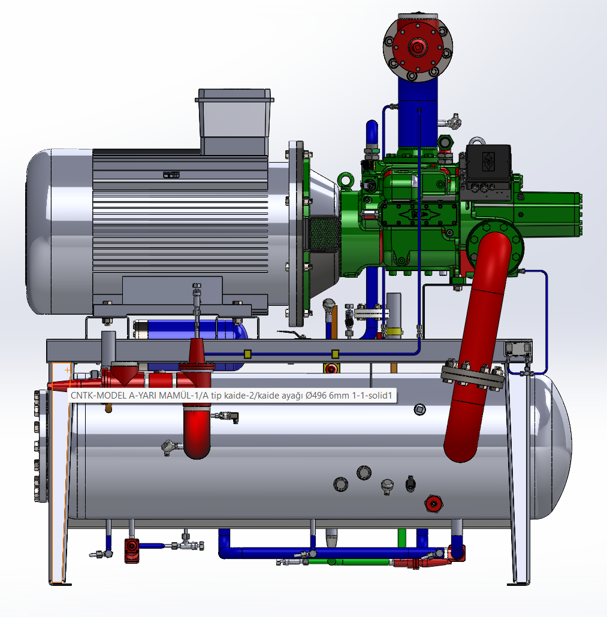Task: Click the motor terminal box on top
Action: point(234,122)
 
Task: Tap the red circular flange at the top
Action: point(418,47)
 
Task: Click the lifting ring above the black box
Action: point(476,141)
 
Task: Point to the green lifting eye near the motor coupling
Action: point(346,180)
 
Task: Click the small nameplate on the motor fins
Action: point(171,175)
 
